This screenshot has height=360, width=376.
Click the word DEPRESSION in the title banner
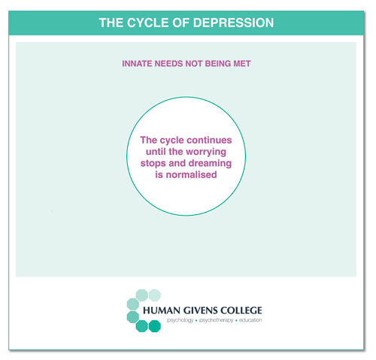[233, 23]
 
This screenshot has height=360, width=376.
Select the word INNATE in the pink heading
[137, 64]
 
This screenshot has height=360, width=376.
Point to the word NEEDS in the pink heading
[168, 64]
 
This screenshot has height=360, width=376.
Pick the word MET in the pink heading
[242, 64]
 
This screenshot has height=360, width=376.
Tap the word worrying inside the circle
[206, 152]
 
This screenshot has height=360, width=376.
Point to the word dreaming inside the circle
[210, 164]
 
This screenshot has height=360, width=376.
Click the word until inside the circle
[156, 152]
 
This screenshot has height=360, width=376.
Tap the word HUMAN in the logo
[162, 310]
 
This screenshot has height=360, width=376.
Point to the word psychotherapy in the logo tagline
[217, 320]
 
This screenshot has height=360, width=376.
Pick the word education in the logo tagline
[250, 320]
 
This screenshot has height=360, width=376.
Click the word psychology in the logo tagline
[180, 320]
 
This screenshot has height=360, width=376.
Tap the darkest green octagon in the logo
[155, 326]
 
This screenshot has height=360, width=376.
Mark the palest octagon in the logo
[155, 295]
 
